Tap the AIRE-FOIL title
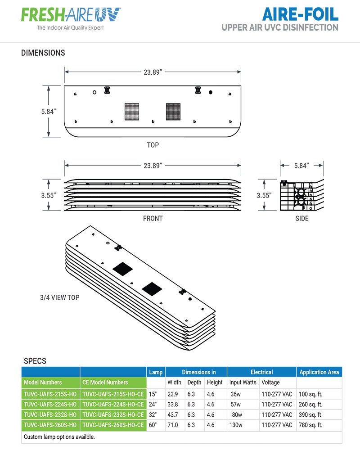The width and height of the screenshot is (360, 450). coord(300,14)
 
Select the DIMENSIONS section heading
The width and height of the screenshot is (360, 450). coord(43,53)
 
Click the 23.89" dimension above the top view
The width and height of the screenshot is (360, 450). coord(153,72)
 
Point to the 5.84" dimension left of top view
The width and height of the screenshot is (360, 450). coord(47,111)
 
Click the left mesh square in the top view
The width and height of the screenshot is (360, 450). coord(132,111)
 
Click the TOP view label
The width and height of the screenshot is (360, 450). coord(153,145)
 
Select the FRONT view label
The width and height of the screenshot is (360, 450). coord(153,218)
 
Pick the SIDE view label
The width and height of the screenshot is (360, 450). coord(302,218)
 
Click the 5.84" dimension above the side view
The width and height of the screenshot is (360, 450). coord(301,166)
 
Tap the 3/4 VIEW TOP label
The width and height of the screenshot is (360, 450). coord(59,298)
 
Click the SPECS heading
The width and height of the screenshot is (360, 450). coord(35,361)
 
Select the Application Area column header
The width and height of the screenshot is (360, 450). coord(319,372)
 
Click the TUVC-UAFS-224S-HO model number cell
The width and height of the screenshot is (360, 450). coord(50,404)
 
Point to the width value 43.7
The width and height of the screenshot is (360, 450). coord(173,414)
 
